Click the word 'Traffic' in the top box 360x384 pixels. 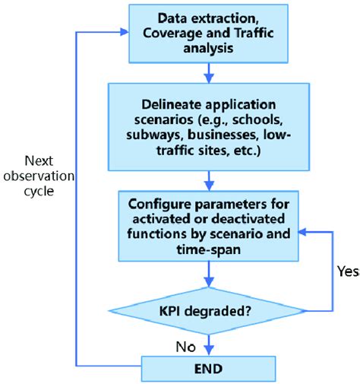(x=261, y=34)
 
